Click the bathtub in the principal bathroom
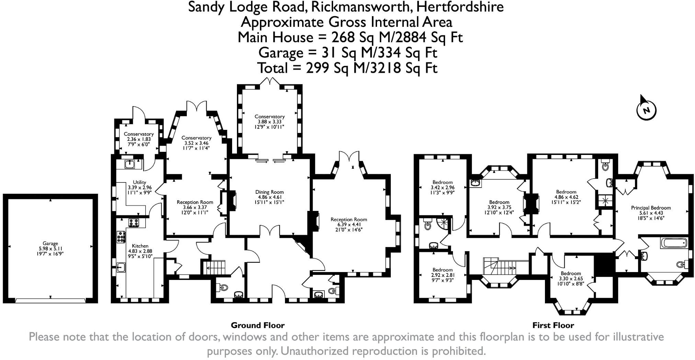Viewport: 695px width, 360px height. [x=673, y=243]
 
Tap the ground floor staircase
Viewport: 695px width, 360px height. [x=213, y=267]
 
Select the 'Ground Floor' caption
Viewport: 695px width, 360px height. [x=258, y=325]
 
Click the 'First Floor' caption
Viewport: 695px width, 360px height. [x=553, y=325]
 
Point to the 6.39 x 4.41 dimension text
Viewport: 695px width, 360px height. [x=349, y=225]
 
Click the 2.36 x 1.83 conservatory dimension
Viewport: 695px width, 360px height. [x=139, y=139]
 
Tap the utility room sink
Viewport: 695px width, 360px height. [x=129, y=165]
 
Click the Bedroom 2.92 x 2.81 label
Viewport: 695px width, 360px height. [x=442, y=275]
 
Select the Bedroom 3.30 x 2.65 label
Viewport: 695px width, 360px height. [x=571, y=279]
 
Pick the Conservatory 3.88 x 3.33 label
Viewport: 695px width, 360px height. [x=270, y=122]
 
